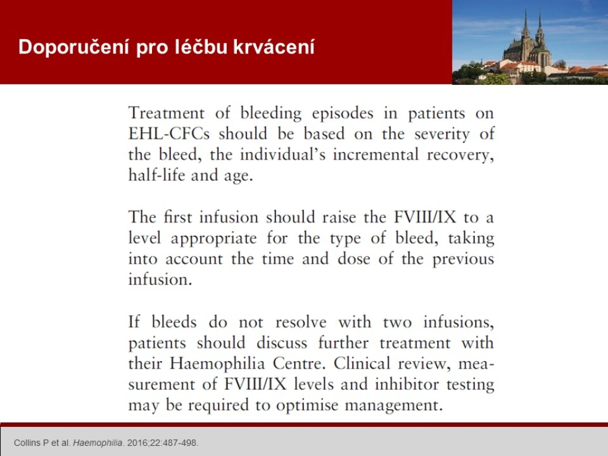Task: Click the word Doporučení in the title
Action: [74, 47]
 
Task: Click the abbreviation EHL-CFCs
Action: [169, 134]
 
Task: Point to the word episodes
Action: [343, 113]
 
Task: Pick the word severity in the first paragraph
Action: [442, 134]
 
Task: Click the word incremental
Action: [375, 154]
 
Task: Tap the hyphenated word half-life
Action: [157, 175]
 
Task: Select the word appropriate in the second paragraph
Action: [214, 239]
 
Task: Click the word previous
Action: [463, 259]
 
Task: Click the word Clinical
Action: [362, 364]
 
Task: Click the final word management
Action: [394, 406]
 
